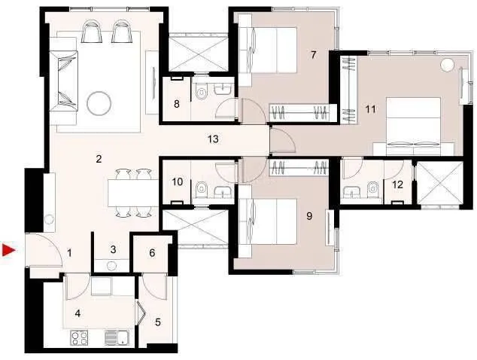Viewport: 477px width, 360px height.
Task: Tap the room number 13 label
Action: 213,139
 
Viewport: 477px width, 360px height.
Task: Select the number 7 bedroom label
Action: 312,54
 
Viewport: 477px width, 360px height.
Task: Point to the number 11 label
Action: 369,109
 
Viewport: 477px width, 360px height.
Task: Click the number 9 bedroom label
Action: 309,215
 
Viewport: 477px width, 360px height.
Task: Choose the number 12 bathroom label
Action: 398,185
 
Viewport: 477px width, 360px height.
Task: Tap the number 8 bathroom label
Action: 176,103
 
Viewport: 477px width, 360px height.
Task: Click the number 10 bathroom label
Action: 178,182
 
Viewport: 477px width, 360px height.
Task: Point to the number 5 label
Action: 157,322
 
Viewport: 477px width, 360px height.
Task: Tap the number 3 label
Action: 113,249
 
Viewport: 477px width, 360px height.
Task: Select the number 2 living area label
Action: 99,158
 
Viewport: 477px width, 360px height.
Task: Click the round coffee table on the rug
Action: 99,102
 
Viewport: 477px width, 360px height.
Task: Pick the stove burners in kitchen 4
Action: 80,338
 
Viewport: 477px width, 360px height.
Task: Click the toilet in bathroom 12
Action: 374,188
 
